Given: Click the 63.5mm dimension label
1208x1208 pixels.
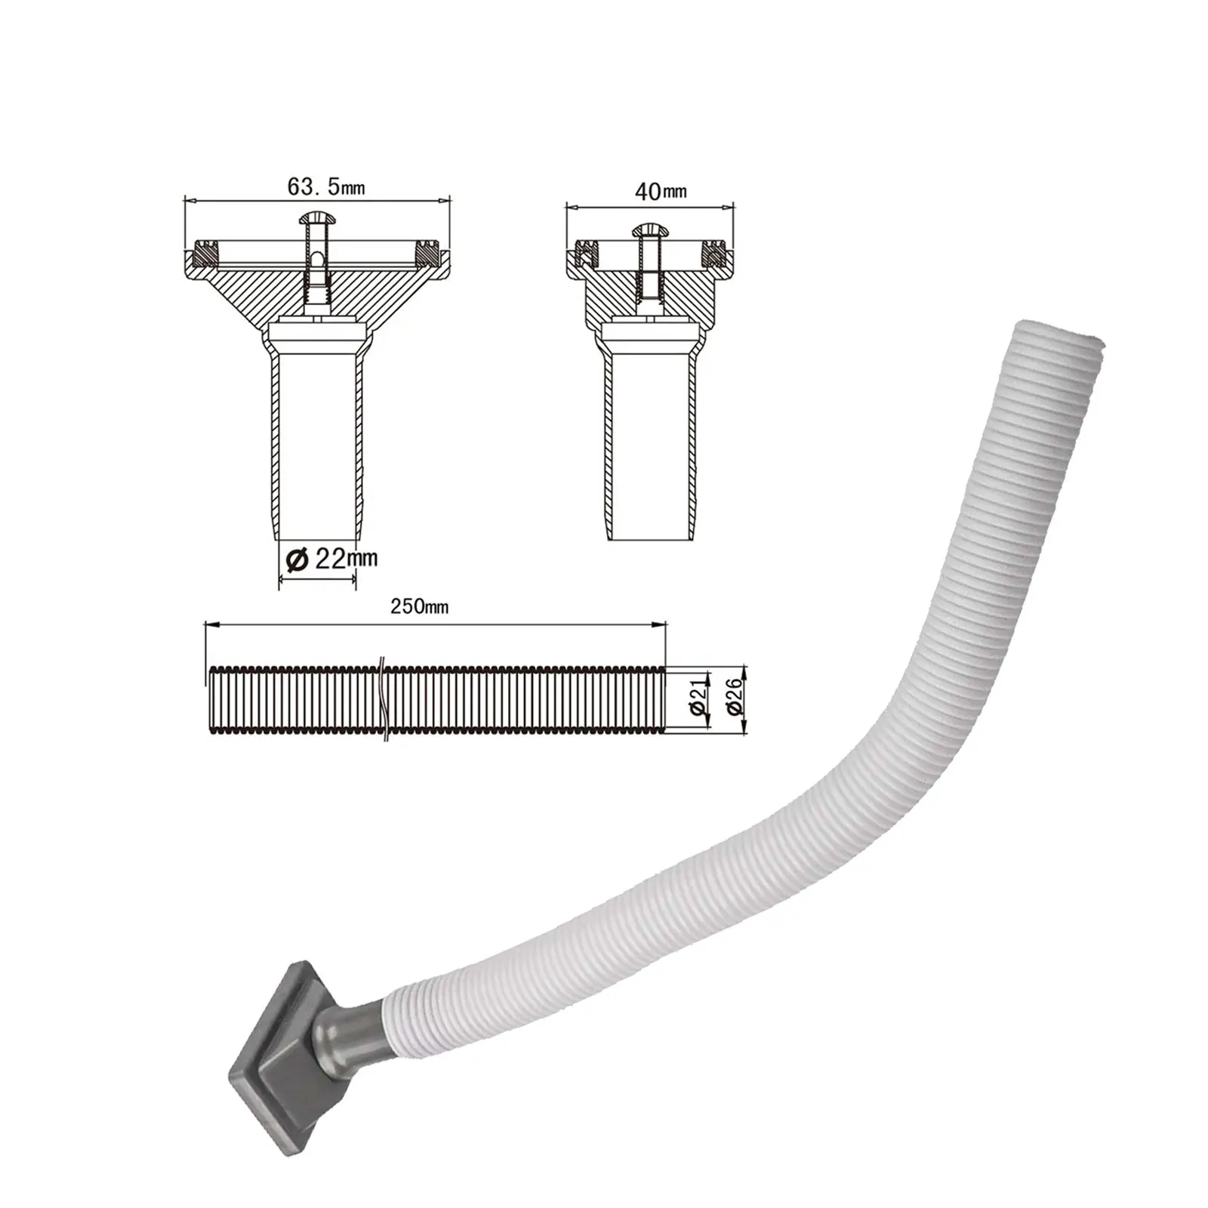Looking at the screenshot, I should (325, 186).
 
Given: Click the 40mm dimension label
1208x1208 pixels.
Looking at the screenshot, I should (661, 190).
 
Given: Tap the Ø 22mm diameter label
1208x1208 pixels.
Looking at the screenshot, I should (332, 559).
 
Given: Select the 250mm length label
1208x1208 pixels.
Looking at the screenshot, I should (419, 606).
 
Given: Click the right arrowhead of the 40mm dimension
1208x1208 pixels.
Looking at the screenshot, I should (729, 204).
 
